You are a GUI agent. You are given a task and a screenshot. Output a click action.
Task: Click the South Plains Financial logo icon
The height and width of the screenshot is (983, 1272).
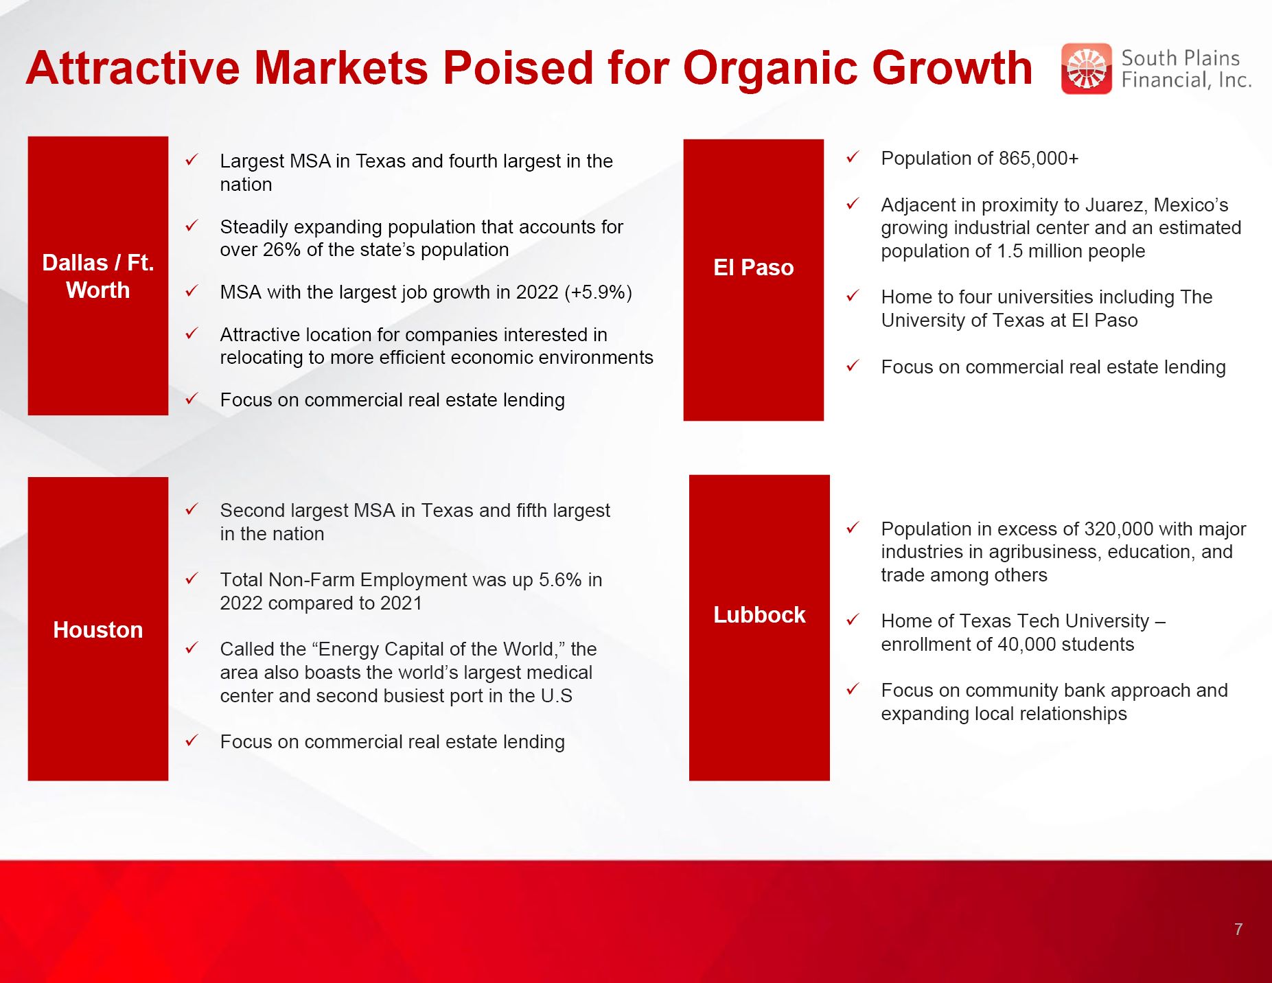click(x=1086, y=69)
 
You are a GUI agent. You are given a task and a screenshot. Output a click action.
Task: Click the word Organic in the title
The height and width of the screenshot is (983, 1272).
click(x=770, y=68)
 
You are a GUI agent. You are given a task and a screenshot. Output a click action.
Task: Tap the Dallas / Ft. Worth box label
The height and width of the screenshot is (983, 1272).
click(x=98, y=276)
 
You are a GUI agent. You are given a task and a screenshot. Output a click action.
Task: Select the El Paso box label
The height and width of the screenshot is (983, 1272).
click(x=753, y=267)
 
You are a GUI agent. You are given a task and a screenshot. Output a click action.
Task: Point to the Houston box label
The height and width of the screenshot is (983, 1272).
click(x=98, y=629)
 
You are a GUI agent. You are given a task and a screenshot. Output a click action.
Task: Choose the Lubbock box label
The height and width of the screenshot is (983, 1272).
click(x=759, y=614)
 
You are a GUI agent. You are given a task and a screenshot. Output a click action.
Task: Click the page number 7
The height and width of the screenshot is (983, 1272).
click(x=1238, y=929)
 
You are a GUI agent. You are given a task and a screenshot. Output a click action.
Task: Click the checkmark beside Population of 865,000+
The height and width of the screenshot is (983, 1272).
click(x=853, y=157)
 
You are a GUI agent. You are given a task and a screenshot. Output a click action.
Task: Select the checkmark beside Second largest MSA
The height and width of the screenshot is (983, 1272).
click(x=192, y=509)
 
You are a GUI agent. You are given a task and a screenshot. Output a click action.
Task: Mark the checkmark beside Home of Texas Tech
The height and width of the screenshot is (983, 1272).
click(x=853, y=619)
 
